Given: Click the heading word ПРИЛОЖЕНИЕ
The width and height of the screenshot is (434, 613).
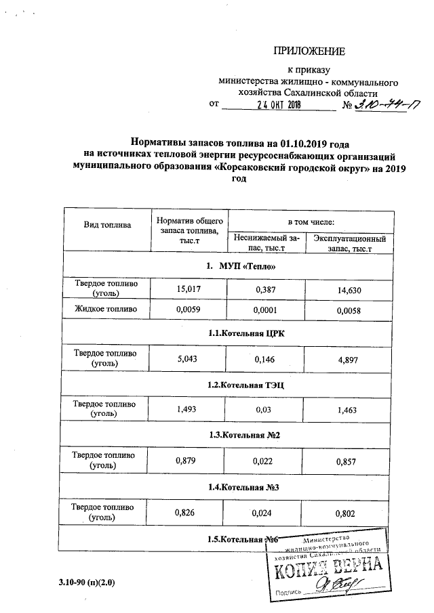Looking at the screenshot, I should (x=309, y=51).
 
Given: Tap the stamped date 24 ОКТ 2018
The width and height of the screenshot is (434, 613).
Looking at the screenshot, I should (x=278, y=105).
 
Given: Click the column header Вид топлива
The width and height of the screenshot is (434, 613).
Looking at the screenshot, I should (x=107, y=224).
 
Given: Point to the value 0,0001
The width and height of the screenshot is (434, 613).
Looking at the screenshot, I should (x=266, y=311).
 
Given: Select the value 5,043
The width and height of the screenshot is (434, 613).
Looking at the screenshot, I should (x=189, y=359).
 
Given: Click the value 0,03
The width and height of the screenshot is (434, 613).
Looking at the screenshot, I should (x=266, y=410).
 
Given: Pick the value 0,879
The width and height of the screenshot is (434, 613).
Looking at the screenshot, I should (x=189, y=461).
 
